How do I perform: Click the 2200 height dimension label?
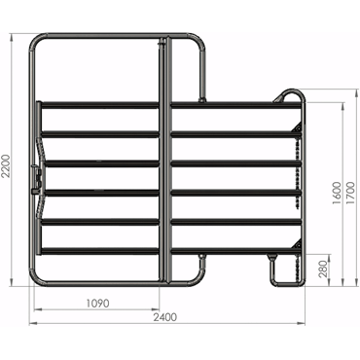point(6,165)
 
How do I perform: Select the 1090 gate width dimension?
point(98,304)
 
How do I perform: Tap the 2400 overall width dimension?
point(165,317)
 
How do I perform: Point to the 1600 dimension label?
point(338,193)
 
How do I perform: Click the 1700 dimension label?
point(351,193)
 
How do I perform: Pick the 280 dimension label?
point(323,269)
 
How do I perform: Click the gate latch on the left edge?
point(36,179)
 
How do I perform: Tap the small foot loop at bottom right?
point(285,270)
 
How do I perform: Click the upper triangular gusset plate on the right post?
point(297,127)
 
